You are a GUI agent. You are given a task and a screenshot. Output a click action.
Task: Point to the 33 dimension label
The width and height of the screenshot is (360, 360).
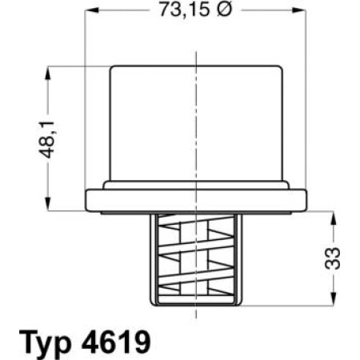[x=338, y=256]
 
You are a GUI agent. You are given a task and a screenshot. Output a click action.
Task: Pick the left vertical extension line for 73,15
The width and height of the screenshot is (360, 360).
[x=85, y=96]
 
